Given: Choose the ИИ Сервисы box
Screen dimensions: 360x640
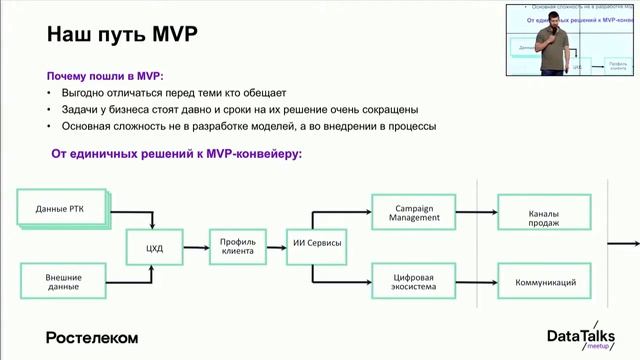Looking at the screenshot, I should point(317,245).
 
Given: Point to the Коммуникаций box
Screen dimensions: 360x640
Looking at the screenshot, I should point(545,282).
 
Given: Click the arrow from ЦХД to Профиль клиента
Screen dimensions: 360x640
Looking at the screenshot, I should point(195,245).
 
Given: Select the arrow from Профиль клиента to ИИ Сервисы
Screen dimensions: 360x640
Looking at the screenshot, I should point(277,245).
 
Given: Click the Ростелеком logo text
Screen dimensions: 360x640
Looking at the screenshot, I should point(92,337).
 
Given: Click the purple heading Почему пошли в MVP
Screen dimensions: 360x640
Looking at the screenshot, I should point(106,76).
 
